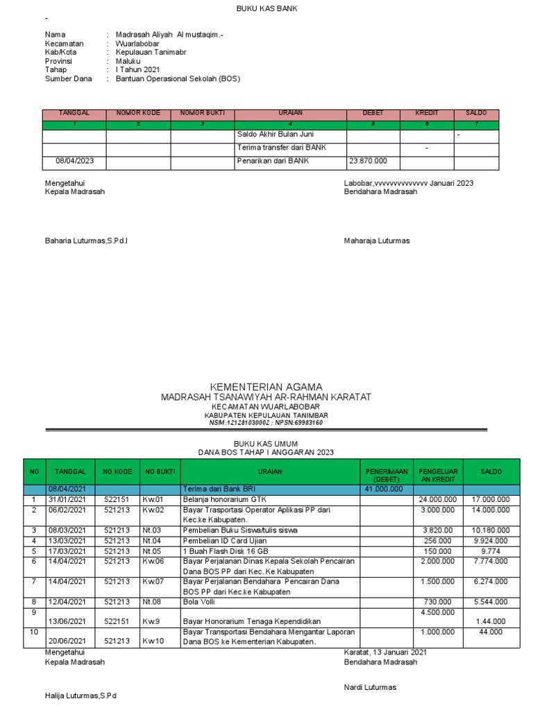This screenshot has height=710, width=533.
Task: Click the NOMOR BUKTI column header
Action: [x=203, y=112]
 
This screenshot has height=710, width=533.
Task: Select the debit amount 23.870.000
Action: [x=368, y=161]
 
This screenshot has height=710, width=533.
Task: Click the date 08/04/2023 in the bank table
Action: [x=74, y=161]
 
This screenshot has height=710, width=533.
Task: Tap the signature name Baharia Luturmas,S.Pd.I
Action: [x=87, y=241]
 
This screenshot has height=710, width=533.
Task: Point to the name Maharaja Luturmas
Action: [x=377, y=241]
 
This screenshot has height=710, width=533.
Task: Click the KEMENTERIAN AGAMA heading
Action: [x=266, y=386]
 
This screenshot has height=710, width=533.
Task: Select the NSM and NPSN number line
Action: [x=266, y=422]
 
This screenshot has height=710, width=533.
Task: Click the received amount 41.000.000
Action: [x=384, y=489]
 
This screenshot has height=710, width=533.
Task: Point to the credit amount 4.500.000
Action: [x=438, y=612]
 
